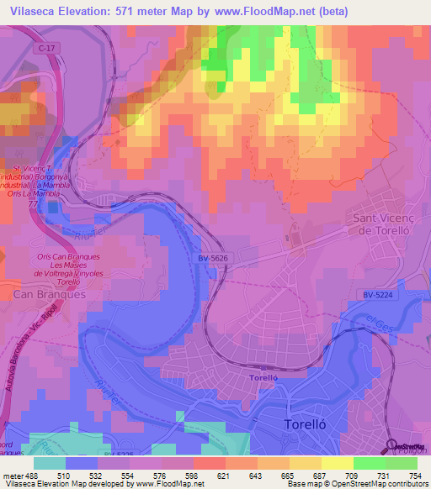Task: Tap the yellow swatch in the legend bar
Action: tap(335, 462)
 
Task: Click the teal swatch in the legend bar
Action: tap(50, 462)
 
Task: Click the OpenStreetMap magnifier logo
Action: tap(393, 447)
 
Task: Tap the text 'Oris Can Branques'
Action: tap(69, 256)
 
